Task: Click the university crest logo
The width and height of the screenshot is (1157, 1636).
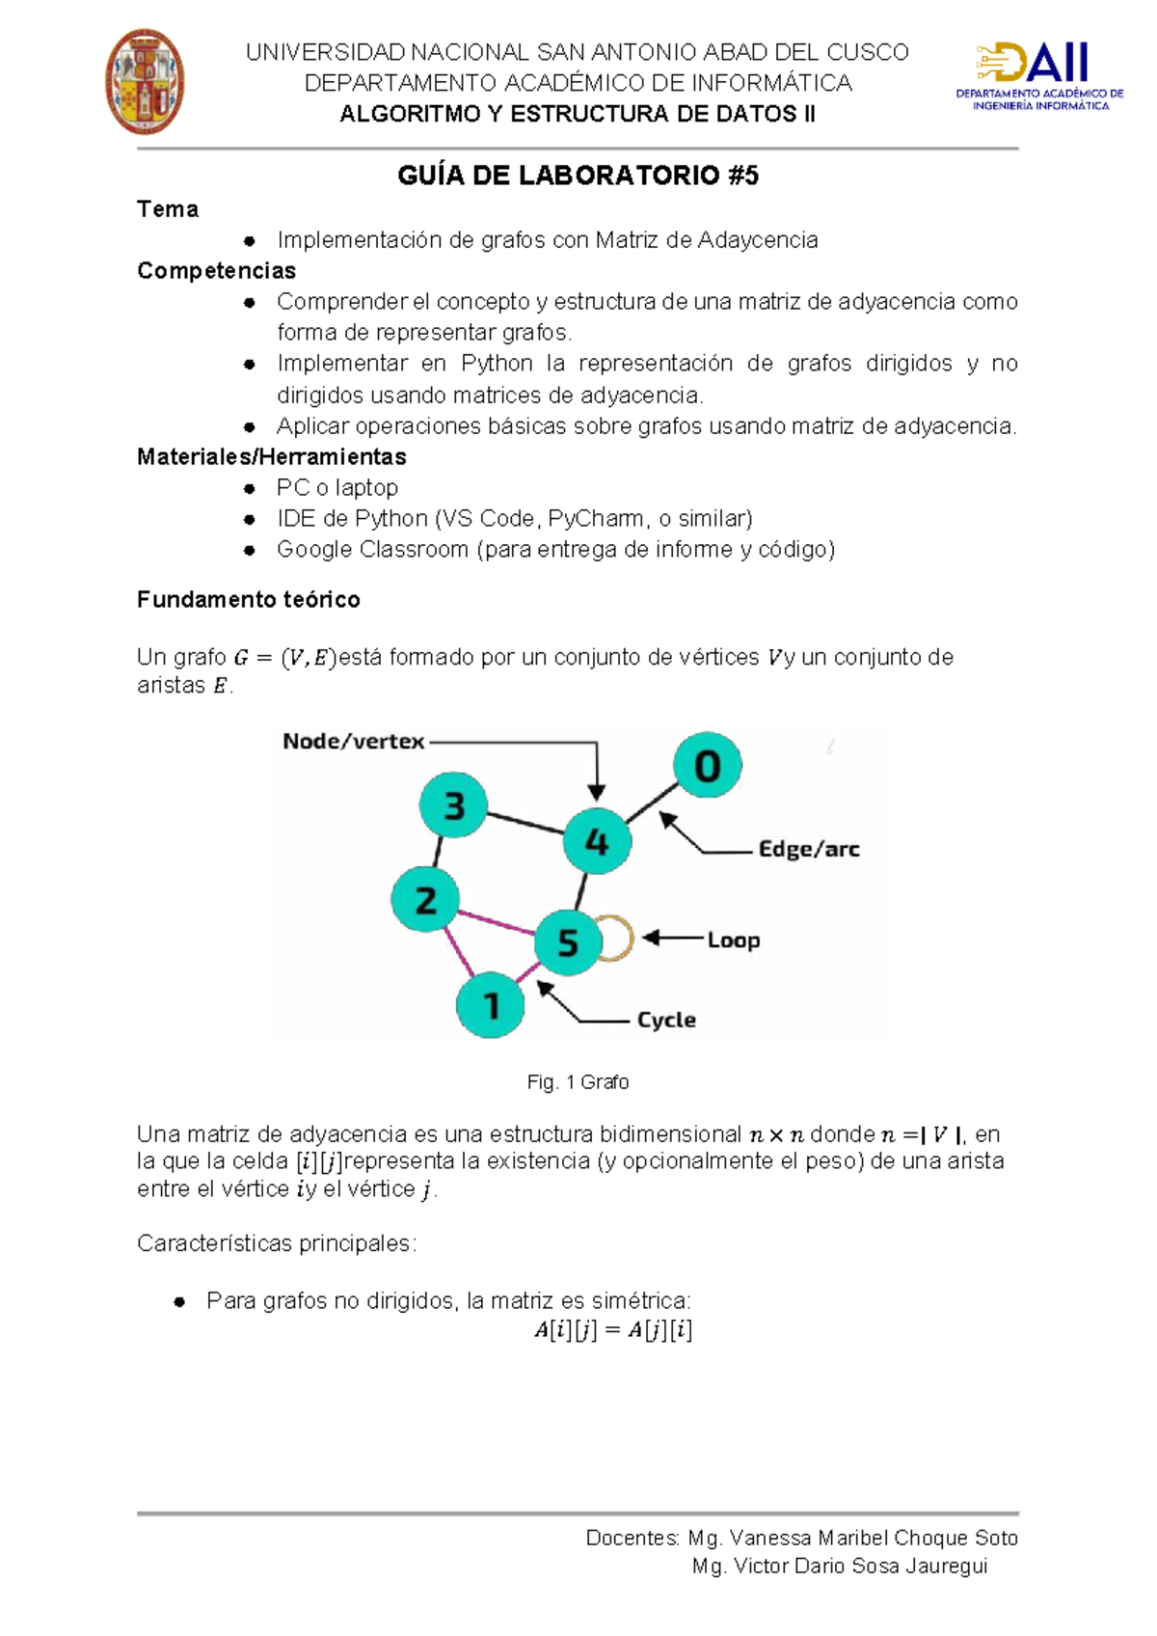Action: pos(145,81)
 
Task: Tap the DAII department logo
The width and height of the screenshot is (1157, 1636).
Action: pos(1039,75)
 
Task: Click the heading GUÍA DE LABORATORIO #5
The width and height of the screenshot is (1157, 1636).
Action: pos(578,176)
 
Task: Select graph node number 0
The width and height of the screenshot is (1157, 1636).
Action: pos(707,765)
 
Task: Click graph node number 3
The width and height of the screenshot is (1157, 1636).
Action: pos(453,804)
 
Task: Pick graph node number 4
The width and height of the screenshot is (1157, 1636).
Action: pos(597,840)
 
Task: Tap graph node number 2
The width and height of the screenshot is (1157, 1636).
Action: pos(425,900)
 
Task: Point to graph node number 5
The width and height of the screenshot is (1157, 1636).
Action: pos(568,941)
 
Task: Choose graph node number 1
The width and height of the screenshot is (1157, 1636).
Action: pos(491,1004)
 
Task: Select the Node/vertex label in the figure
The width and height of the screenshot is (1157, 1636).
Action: pos(353,741)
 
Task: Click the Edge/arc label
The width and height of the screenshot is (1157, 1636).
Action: pos(808,849)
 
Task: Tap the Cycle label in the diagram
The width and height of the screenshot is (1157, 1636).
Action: pos(666,1020)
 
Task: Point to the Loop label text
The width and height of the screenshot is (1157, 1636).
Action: pos(733,940)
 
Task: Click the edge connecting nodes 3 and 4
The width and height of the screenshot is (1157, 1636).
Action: pos(525,823)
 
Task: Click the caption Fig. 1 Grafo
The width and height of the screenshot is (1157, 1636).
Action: pos(578,1082)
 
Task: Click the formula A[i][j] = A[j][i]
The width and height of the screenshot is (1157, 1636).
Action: pos(613,1330)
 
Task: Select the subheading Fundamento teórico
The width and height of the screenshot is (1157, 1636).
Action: pos(249,600)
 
